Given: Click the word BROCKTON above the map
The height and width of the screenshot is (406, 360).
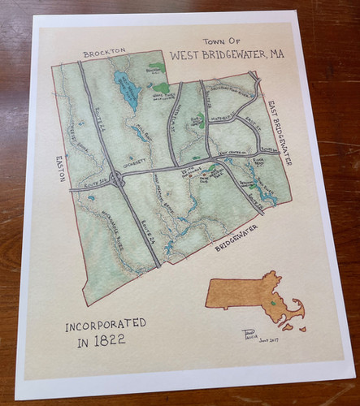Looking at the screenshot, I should (103, 51).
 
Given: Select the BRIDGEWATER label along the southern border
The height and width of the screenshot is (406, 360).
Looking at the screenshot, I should (236, 239).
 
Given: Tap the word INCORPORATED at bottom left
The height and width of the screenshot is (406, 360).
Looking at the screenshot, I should (106, 323).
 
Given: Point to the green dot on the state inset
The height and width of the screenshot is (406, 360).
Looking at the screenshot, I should (273, 303).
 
